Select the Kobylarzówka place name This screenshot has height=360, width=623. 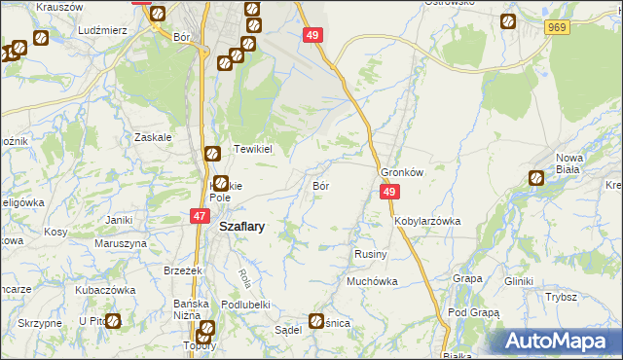(427, 221)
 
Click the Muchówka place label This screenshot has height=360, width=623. (373, 281)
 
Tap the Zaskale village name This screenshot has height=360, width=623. (154, 137)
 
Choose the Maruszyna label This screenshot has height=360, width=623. (122, 242)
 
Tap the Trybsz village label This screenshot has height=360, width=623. (562, 297)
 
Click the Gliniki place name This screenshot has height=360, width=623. (519, 281)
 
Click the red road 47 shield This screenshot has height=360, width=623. (199, 217)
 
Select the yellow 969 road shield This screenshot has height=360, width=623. (557, 28)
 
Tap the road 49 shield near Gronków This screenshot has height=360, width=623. (388, 194)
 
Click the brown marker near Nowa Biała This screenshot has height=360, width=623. (536, 178)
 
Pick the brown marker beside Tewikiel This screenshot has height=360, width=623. (212, 154)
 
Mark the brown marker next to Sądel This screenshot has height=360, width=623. (317, 321)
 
